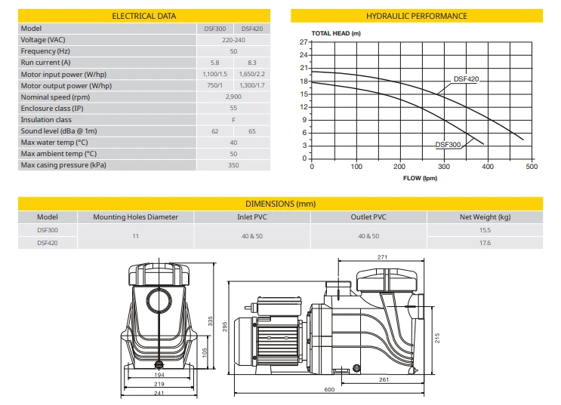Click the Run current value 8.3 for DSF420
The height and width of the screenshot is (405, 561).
click(x=252, y=63)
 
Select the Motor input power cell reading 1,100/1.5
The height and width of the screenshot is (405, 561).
click(x=214, y=74)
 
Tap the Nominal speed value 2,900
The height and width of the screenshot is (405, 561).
click(x=233, y=97)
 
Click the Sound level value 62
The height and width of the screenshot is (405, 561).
click(x=214, y=131)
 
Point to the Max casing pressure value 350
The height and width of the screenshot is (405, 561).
click(x=233, y=165)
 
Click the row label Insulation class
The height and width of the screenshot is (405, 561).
click(x=46, y=120)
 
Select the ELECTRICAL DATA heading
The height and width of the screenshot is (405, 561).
click(x=143, y=16)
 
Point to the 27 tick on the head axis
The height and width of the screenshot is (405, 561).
click(x=304, y=41)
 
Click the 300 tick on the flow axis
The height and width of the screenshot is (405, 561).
click(x=444, y=166)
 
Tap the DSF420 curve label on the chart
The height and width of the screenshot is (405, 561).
click(x=466, y=79)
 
